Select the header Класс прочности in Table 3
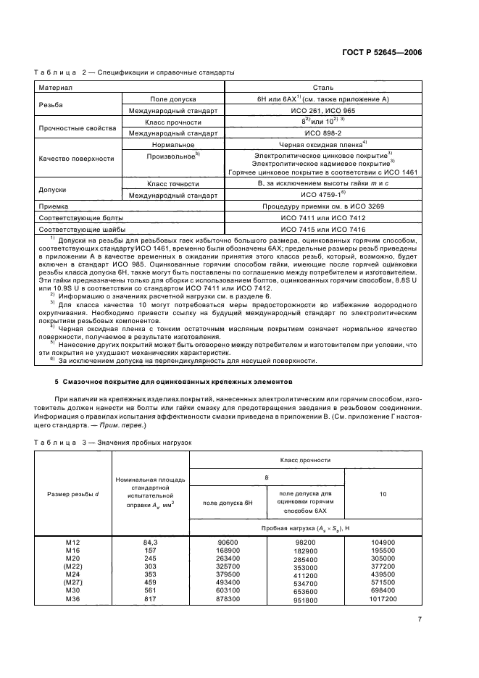click(306, 459)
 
